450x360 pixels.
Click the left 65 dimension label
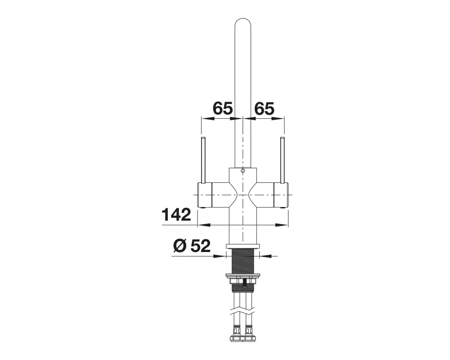coord(222,108)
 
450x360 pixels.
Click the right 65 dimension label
coord(264,108)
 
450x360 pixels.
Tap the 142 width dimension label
coord(176,215)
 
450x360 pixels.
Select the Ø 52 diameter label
coord(192,246)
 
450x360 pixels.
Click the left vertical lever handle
coord(203,160)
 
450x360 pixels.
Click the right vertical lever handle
coord(282,160)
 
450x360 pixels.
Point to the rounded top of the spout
coord(243,23)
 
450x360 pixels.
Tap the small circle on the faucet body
coord(243,171)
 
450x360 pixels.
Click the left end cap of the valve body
coord(205,195)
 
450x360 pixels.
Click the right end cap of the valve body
coord(281,195)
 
